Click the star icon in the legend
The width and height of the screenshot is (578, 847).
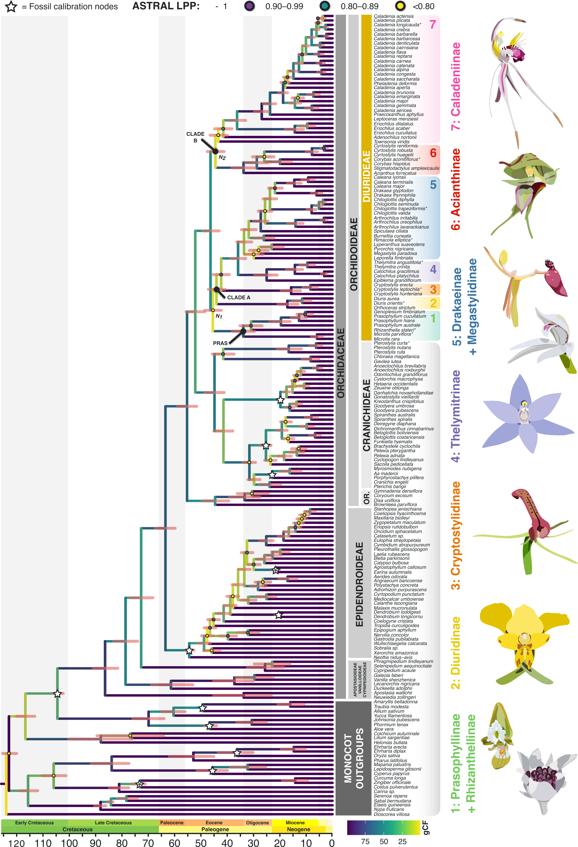11,7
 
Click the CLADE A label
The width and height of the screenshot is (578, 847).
239,297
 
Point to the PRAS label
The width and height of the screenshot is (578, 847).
220,343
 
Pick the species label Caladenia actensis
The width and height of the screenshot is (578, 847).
394,16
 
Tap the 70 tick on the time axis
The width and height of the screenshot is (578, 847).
148,843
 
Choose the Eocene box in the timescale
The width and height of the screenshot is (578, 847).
214,823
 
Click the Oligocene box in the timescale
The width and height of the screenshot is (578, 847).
257,823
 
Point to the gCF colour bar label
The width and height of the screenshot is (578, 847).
426,827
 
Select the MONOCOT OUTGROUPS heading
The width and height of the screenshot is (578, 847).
353,758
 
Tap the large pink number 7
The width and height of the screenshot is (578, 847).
433,24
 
